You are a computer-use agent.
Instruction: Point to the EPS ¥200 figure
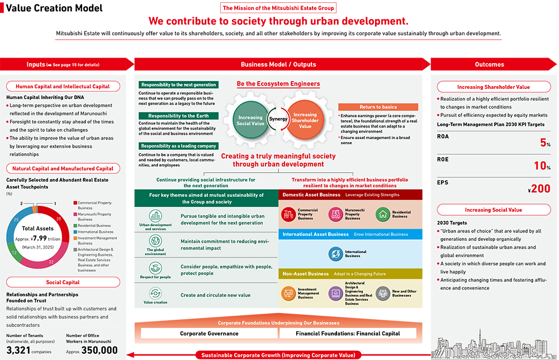[539, 189]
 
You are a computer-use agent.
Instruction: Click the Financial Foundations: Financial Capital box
[348, 333]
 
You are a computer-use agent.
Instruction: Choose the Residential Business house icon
[382, 214]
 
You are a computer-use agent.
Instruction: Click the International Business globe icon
[335, 254]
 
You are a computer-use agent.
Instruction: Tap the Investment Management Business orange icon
[288, 293]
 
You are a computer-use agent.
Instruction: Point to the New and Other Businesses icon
[382, 293]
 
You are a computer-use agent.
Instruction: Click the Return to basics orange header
[378, 107]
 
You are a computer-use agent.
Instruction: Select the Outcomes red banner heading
[489, 64]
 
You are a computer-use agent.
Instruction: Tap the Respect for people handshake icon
[155, 268]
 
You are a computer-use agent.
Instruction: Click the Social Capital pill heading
[62, 283]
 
